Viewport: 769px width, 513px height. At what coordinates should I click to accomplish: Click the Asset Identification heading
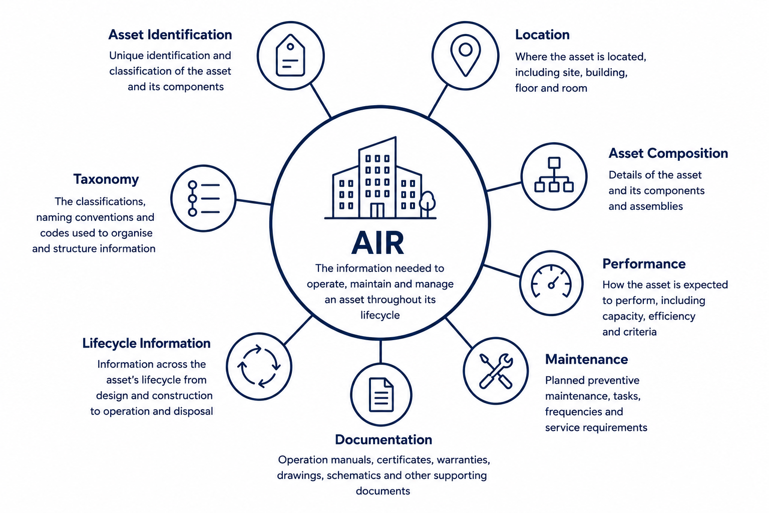coord(170,35)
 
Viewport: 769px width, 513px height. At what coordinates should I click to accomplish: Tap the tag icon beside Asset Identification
coord(290,55)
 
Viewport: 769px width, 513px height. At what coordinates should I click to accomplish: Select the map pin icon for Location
coord(466,55)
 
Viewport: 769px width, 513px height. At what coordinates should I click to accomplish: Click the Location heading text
coord(542,35)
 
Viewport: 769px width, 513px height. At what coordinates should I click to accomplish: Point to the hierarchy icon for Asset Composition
coord(554,174)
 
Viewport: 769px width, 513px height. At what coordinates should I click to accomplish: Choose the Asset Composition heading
coord(668,153)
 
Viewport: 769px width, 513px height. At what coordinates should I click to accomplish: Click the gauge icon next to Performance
coord(551,281)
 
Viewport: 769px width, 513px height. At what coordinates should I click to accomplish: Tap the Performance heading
coord(644,264)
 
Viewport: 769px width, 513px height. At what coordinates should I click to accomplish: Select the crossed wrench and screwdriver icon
coord(496,371)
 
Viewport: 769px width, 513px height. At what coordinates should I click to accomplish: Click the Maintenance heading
coord(587,359)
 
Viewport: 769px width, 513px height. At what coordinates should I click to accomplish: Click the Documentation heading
coord(383,440)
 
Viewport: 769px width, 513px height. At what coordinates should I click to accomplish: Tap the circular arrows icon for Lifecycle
coord(259,366)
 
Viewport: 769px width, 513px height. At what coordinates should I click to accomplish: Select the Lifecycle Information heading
coord(146,343)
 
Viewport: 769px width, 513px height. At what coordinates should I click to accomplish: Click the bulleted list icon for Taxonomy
coord(204,198)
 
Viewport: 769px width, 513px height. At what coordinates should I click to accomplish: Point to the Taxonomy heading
coord(106,179)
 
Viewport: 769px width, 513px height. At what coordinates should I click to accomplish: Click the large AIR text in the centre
coord(378,242)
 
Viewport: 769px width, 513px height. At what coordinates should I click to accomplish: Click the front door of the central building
coord(377,210)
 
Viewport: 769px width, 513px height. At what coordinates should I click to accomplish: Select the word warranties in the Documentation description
coord(464,460)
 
